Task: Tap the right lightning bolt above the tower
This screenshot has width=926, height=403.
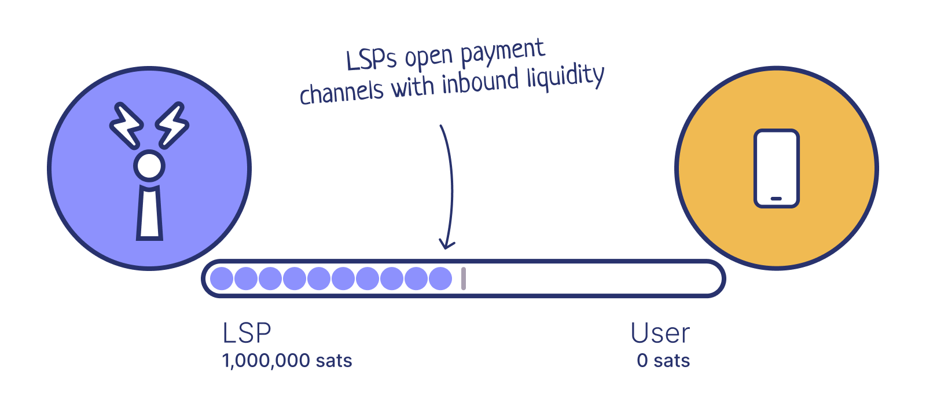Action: [x=172, y=124]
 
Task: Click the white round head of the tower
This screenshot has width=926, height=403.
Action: [x=149, y=166]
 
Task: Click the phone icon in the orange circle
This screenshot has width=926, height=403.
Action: [x=776, y=168]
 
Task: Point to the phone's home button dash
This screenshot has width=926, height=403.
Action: [x=776, y=199]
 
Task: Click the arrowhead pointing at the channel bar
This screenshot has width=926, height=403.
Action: [x=447, y=243]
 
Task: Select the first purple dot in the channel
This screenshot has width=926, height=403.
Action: [x=222, y=279]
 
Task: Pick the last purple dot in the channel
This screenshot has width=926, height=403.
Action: [x=440, y=279]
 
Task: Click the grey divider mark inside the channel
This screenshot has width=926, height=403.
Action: [x=464, y=279]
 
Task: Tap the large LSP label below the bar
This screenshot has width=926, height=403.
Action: [x=247, y=333]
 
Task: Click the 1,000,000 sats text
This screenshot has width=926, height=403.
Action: [x=287, y=361]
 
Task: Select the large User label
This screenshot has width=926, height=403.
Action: [x=660, y=333]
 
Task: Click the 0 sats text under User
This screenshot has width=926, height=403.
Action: [x=663, y=361]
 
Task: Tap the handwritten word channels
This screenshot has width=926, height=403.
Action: [x=341, y=92]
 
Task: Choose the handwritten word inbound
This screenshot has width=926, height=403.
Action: [x=480, y=82]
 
